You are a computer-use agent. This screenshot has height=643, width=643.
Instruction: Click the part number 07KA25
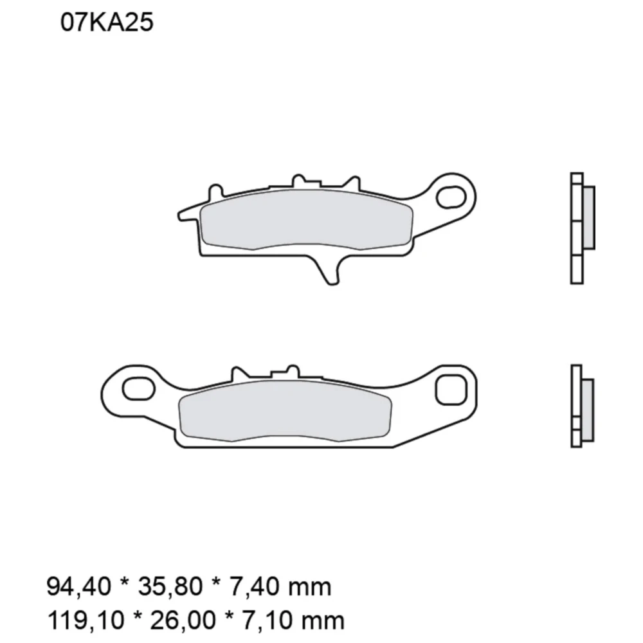[x=107, y=24]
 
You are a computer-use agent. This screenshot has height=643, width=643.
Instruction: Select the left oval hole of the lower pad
[x=138, y=388]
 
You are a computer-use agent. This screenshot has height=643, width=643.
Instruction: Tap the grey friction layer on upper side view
[x=588, y=217]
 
